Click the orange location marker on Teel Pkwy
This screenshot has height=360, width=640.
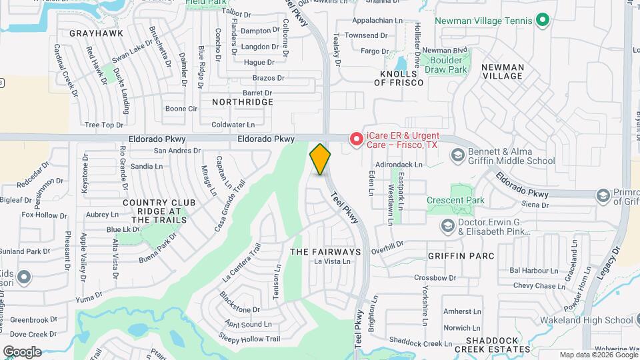pos(320,159)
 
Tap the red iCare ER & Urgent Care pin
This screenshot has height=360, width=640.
pos(357,139)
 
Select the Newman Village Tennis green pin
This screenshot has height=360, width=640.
pos(543,21)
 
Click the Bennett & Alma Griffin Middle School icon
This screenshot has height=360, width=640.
pos(457,156)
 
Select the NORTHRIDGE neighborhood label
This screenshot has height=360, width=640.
pos(243,102)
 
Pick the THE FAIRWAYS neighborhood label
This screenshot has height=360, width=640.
pos(325,252)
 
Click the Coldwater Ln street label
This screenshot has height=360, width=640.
pos(233,125)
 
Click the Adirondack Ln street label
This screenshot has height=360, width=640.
pos(400,164)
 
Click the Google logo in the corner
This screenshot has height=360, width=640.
pos(22,351)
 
